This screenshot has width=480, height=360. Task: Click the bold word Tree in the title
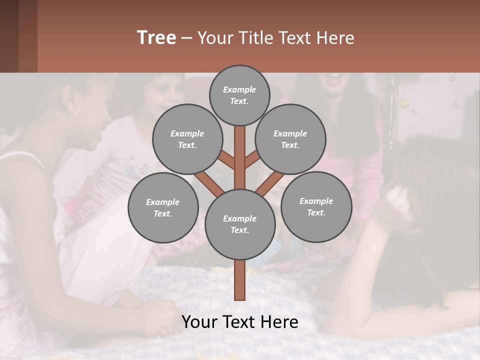point(156,37)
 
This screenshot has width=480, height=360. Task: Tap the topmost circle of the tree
point(239,95)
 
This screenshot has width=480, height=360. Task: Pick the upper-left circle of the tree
point(187,139)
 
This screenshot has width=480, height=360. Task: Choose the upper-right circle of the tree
point(290,139)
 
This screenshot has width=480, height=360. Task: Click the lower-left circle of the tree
point(163,207)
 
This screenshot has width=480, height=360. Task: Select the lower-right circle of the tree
point(316,206)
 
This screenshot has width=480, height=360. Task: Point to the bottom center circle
point(240,224)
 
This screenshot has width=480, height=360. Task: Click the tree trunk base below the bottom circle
point(240,280)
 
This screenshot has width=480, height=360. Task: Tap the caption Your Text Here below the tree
point(240,322)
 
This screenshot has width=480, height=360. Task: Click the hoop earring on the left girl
point(71,113)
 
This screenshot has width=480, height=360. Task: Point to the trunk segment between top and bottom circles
point(240,157)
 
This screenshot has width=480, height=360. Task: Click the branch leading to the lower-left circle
point(209,183)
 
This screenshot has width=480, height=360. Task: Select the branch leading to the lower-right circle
point(269,183)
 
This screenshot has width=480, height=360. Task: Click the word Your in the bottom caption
point(198,322)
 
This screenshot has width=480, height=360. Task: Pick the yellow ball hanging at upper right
point(403,103)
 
